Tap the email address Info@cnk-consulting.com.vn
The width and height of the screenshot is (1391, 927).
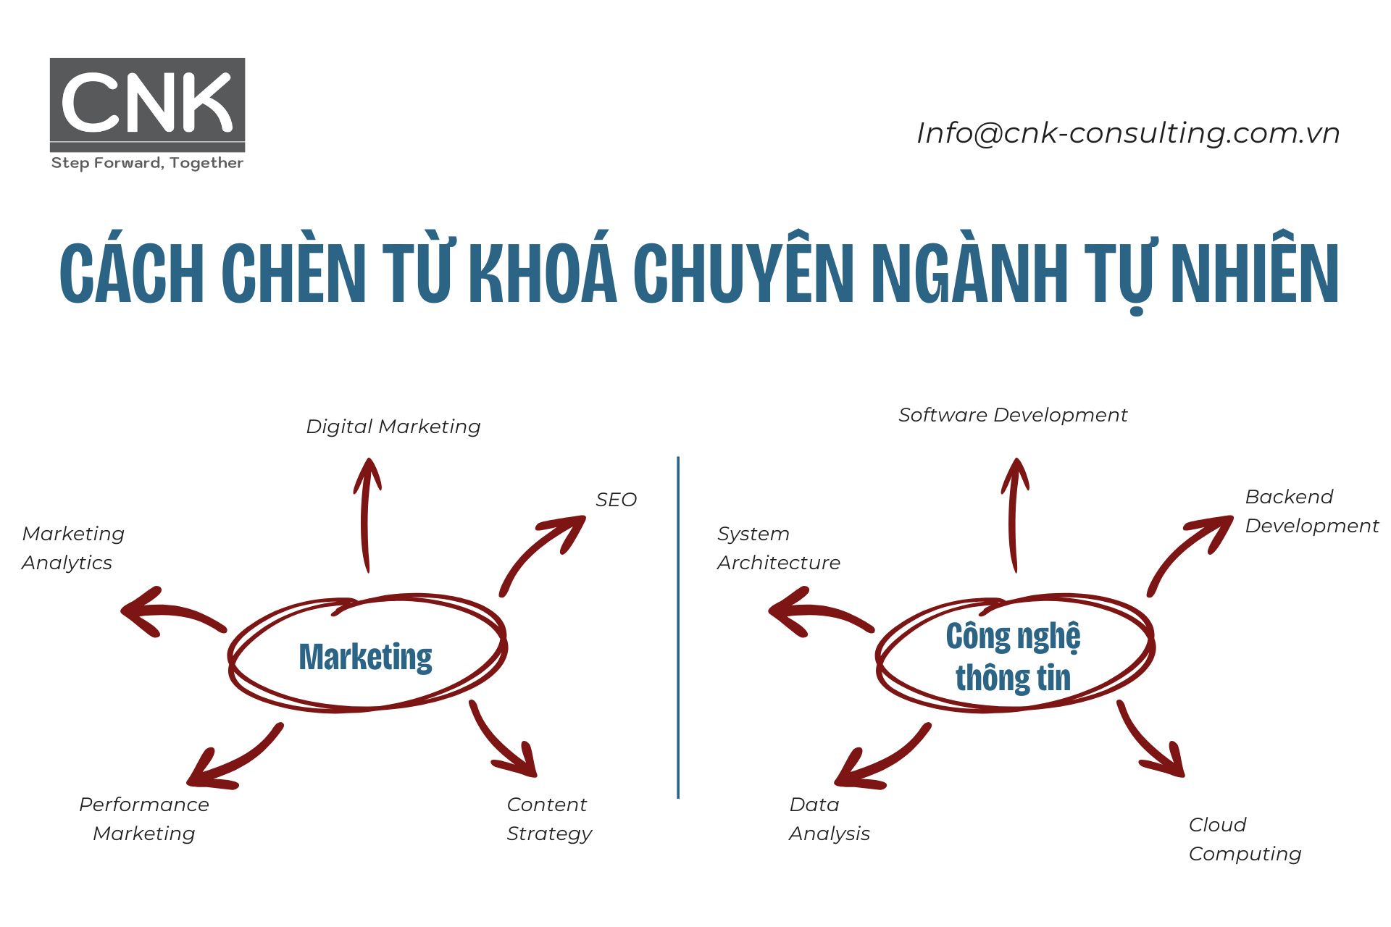coord(1127,133)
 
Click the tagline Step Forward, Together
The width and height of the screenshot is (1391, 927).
coord(147,163)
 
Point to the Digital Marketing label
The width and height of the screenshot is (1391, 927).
coord(393,427)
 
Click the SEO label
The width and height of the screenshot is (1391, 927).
coord(616,500)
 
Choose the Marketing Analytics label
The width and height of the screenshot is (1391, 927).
coord(72,548)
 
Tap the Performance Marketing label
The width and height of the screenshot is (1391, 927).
coord(143,819)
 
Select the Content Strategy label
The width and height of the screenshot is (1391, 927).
coord(548,819)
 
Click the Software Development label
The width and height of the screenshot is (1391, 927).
coord(1012,415)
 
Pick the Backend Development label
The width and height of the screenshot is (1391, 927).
coord(1311,511)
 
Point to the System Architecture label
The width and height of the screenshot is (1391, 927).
coord(778,548)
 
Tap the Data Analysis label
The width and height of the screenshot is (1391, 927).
coord(829,819)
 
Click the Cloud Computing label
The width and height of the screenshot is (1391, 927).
coord(1244,839)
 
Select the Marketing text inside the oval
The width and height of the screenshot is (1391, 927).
coord(365,657)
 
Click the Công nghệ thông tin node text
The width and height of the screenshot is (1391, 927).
coord(1013,657)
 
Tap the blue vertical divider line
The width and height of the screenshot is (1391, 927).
coord(678,627)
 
